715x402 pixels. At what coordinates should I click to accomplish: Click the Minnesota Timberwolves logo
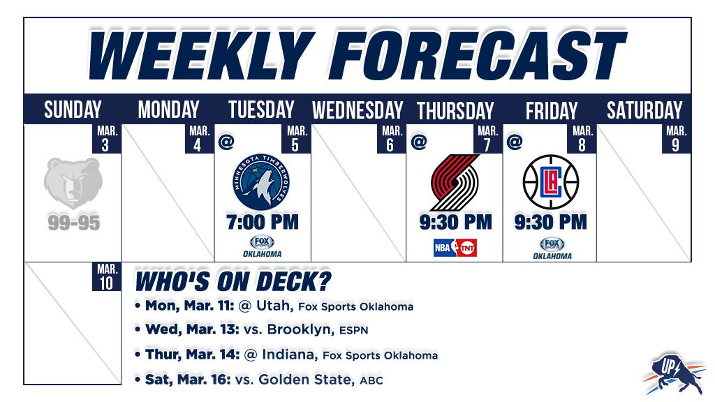(261, 182)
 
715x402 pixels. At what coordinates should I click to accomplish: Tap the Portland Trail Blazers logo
(455, 182)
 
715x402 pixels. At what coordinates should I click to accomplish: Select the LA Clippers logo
(551, 182)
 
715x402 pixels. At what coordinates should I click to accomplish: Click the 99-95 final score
(74, 223)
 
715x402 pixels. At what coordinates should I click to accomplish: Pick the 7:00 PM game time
(263, 223)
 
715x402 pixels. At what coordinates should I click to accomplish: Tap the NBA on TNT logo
(455, 248)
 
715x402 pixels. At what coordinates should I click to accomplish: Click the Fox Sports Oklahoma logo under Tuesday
(263, 246)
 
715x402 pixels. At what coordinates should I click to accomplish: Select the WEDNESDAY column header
(357, 110)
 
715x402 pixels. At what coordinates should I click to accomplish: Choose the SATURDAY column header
(644, 110)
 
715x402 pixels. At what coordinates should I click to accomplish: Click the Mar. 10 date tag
(107, 276)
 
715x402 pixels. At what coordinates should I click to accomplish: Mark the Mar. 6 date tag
(391, 139)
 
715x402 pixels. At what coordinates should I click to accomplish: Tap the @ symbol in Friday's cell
(515, 142)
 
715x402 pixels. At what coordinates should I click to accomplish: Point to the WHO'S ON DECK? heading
(233, 282)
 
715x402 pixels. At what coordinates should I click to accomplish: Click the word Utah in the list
(274, 306)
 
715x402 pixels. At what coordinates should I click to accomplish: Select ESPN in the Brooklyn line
(354, 330)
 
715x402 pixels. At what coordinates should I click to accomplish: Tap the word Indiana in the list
(288, 355)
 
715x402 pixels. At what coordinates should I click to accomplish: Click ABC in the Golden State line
(371, 380)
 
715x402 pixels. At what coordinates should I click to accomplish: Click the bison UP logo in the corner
(674, 373)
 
